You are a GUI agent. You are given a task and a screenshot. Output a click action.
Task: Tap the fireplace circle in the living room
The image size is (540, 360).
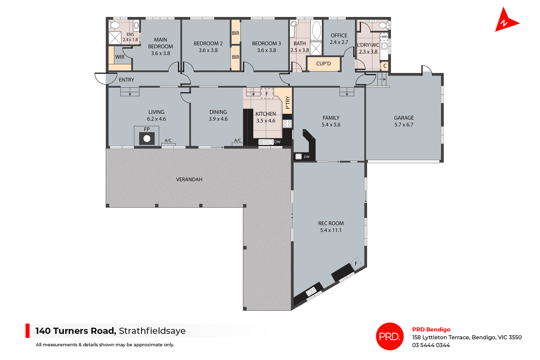coord(147,139)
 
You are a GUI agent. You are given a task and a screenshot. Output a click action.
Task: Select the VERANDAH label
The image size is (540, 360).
coord(189,179)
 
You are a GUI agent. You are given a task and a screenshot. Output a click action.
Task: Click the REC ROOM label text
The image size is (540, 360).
coord(331,223)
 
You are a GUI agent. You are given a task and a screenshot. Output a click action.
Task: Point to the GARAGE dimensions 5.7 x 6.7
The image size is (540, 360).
coord(404,125)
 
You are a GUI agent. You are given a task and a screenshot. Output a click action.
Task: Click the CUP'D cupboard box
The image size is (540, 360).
coord(323,64)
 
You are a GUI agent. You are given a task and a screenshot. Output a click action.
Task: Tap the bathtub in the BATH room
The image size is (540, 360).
coord(316,30)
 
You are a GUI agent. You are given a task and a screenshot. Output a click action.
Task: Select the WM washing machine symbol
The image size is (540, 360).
coord(384,37)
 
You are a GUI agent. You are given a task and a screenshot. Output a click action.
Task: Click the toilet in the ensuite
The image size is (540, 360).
coord(114,25)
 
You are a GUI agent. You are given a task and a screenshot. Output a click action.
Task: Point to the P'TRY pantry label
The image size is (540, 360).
coord(287,102)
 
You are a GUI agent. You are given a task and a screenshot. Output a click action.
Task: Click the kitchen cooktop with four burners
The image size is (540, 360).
coord(287,123)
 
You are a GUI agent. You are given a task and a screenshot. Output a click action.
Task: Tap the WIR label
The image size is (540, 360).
coord(120,57)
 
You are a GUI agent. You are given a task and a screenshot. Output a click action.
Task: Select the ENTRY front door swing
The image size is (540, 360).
coord(105,78)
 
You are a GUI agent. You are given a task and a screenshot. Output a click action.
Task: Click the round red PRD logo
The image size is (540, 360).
coord(390,336)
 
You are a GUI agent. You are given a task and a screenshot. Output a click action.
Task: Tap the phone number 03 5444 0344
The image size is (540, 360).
coord(431,345)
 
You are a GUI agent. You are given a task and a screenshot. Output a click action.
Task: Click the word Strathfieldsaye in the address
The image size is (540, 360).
coord(152,331)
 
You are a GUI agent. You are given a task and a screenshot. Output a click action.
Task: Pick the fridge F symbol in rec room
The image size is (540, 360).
coord(356,264)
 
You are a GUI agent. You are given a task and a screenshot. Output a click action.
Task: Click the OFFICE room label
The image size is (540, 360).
coord(339,35)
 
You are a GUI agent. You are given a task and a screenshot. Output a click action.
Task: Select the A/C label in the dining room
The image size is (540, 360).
coord(238,140)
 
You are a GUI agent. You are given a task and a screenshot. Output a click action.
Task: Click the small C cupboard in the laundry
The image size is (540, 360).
coord(385,66)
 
